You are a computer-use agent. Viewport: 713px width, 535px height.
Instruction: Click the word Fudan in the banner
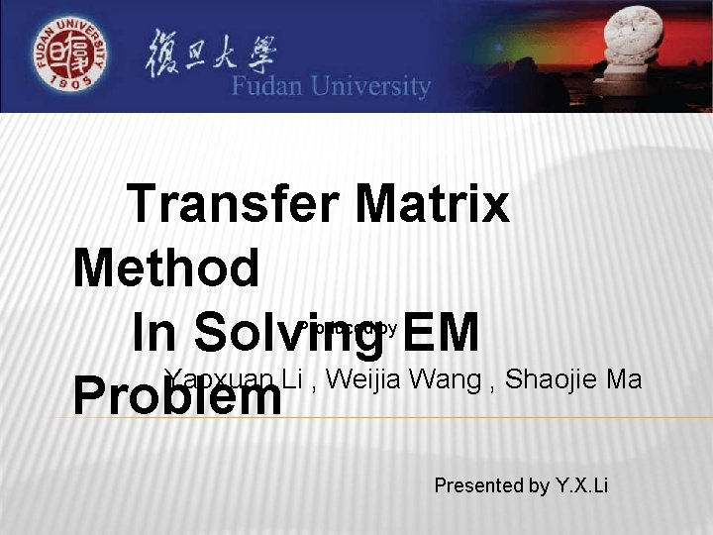pyautogui.click(x=270, y=87)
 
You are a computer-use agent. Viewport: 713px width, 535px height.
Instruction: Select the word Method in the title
pyautogui.click(x=166, y=267)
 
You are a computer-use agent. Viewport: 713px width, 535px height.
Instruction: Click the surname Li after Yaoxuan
pyautogui.click(x=292, y=379)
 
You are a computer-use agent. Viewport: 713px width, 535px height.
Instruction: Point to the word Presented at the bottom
pyautogui.click(x=478, y=485)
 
